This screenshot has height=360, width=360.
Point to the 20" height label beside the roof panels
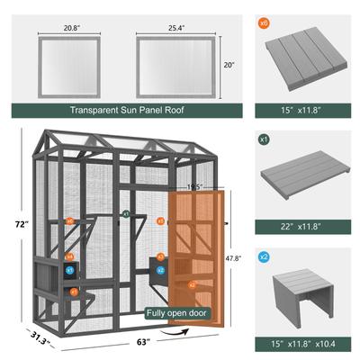(230, 65)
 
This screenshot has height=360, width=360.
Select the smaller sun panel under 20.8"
(62, 66)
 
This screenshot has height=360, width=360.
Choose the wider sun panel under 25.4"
(175, 66)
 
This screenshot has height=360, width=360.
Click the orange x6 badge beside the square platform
(264, 22)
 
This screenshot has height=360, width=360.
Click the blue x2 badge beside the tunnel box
(264, 258)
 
